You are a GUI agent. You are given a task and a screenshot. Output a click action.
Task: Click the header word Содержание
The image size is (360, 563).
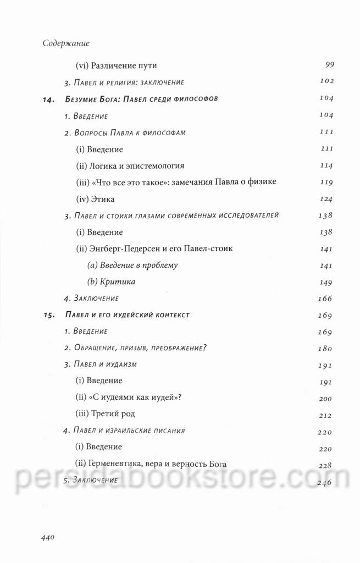tap(66, 42)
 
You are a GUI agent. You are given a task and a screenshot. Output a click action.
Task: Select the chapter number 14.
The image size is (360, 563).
tap(49, 99)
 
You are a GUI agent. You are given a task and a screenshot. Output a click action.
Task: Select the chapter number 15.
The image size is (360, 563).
tap(49, 315)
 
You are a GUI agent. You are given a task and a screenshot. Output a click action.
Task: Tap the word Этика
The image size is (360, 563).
tap(102, 198)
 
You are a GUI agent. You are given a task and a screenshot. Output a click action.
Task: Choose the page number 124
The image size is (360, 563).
tap(326, 198)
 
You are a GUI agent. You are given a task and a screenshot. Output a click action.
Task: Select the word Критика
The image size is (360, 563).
tap(118, 281)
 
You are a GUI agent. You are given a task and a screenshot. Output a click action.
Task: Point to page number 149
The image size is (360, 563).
tap(326, 281)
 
